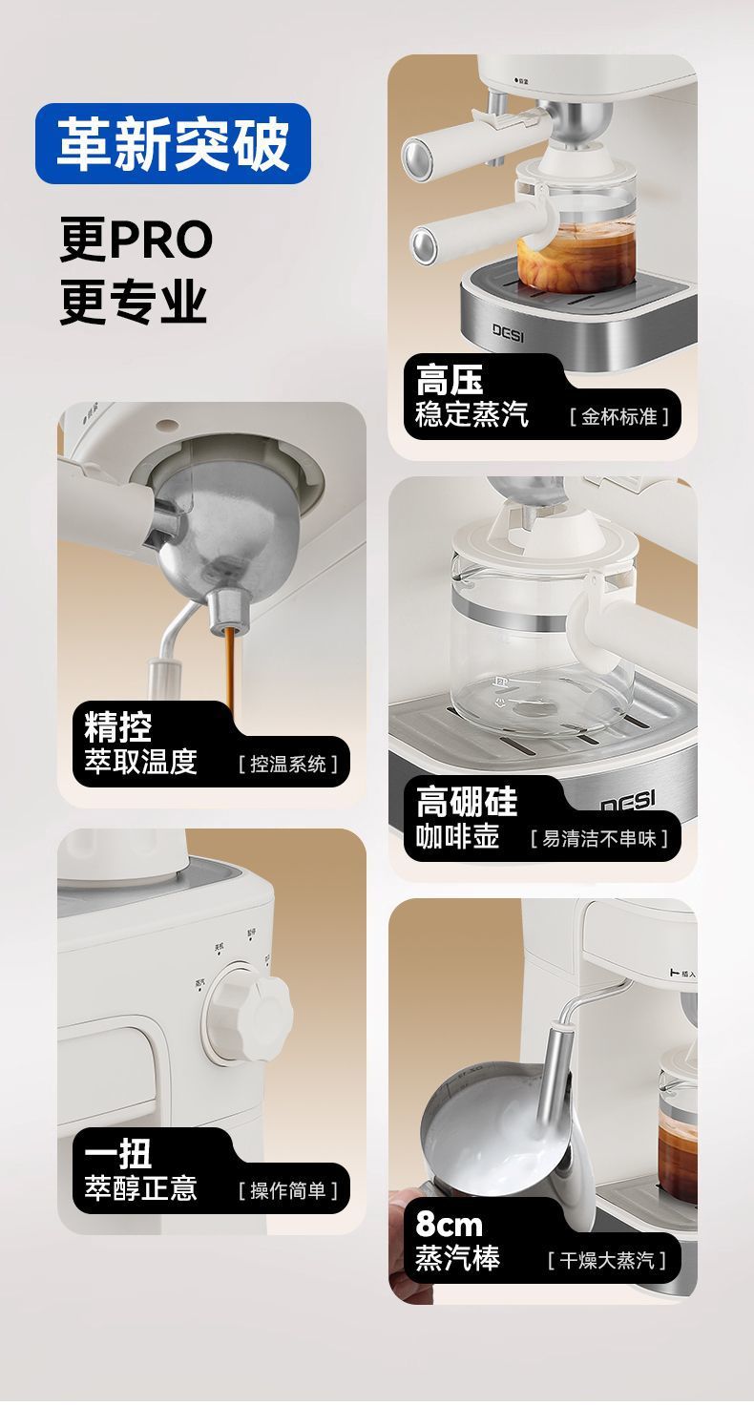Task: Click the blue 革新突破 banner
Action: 173,144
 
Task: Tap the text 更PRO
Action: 136,241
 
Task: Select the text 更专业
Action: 133,302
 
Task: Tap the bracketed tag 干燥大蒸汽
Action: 607,1261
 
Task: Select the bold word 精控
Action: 117,727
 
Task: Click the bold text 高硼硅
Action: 466,802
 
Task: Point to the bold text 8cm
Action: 449,1225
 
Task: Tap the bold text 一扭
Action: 117,1154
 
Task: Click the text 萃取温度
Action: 140,762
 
